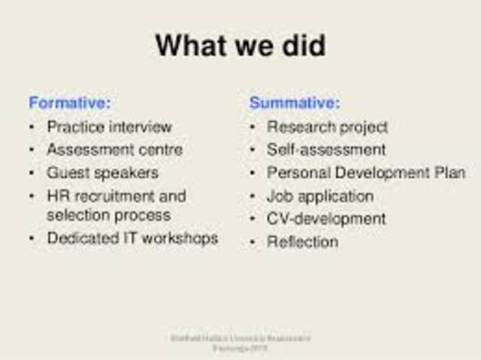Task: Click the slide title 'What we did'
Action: [240, 46]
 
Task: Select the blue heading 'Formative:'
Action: [69, 103]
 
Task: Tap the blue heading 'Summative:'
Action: [295, 103]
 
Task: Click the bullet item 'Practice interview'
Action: [109, 127]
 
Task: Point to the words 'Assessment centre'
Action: [114, 150]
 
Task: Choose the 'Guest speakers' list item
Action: [102, 173]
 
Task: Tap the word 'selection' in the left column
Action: [76, 215]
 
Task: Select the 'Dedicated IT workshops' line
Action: [132, 238]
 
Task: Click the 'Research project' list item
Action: [327, 127]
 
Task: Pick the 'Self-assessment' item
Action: [326, 150]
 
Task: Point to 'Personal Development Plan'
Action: [366, 173]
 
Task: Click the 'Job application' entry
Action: [319, 196]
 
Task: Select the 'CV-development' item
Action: [326, 219]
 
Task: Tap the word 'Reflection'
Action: [302, 242]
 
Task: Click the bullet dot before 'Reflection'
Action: [253, 242]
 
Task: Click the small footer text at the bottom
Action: [240, 343]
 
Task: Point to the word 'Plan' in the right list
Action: [450, 173]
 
